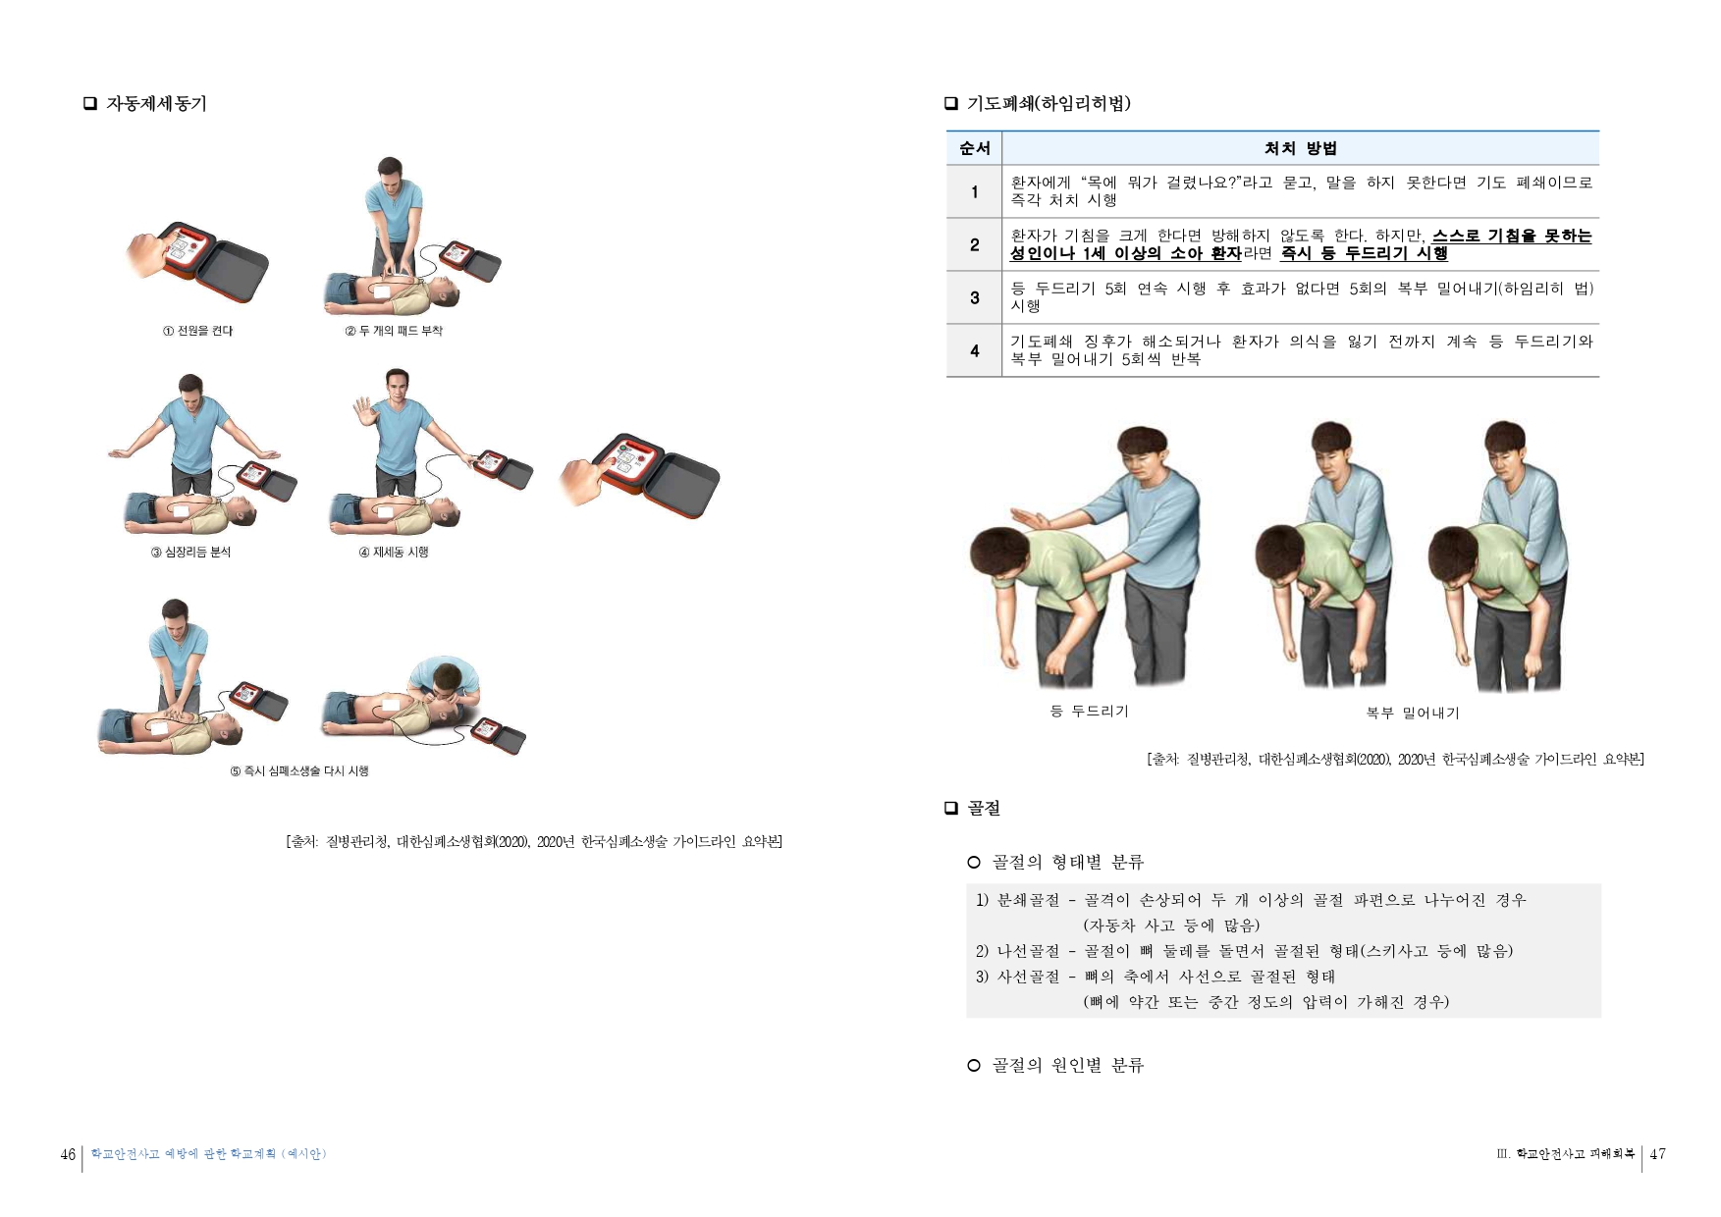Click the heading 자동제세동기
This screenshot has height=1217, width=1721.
[156, 104]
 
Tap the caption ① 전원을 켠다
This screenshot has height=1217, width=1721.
[197, 331]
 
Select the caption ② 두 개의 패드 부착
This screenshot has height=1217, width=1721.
[393, 331]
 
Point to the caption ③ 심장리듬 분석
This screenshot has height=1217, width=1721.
[190, 553]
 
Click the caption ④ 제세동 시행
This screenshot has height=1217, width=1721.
[394, 553]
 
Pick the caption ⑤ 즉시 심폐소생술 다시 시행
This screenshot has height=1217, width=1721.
[299, 771]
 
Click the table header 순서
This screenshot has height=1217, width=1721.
[974, 148]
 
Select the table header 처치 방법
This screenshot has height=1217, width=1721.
[1300, 148]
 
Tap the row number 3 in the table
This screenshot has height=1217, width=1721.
[974, 297]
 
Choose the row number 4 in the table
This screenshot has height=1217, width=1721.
[974, 350]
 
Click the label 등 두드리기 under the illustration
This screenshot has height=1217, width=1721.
[1089, 711]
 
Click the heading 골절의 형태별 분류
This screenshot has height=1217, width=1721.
[1067, 862]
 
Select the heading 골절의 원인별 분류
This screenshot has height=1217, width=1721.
[1067, 1065]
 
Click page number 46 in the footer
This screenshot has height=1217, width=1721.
[68, 1154]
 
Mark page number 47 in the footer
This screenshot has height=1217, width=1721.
[1657, 1154]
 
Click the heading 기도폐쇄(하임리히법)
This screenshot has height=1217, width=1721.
[1049, 104]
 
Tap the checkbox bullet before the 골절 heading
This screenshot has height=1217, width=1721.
[950, 808]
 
